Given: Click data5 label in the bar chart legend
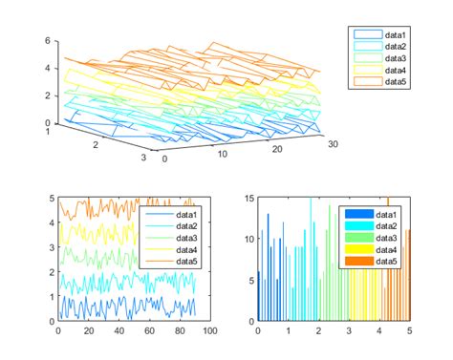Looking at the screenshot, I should (387, 262).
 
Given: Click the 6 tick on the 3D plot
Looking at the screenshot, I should (47, 42).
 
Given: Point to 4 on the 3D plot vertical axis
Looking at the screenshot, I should (47, 69).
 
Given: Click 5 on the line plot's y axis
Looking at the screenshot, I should (51, 198).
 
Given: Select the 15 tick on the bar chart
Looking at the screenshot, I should (248, 198).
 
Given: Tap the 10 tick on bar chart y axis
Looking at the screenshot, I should (248, 238).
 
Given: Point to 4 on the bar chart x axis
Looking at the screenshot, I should (379, 330).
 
